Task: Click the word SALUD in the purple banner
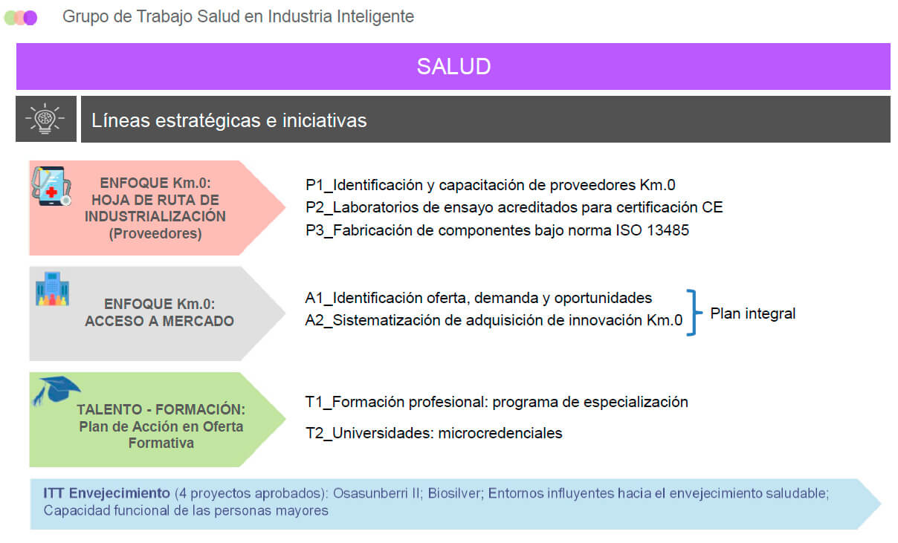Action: (x=453, y=67)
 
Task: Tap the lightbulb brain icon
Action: (x=45, y=119)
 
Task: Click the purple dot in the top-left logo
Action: (x=30, y=18)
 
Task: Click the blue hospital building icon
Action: (x=53, y=289)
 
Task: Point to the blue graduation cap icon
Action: (x=56, y=390)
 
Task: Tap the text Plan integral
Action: (x=753, y=313)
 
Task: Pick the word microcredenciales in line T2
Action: (x=500, y=433)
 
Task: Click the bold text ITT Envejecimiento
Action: (x=106, y=493)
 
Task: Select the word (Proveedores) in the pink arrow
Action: (x=155, y=234)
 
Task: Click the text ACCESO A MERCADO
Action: (x=160, y=321)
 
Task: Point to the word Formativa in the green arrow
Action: (x=161, y=443)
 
